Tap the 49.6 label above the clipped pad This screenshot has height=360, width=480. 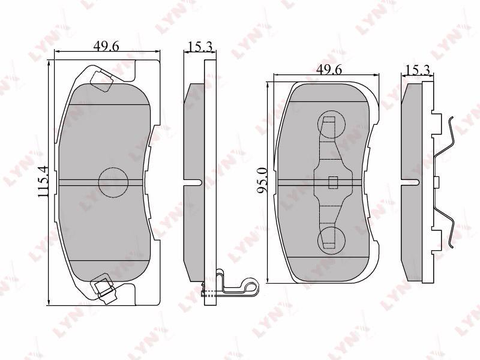(106, 46)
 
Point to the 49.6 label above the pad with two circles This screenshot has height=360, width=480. (329, 70)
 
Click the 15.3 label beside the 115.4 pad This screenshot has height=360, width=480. (200, 47)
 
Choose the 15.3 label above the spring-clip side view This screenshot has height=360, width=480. (418, 70)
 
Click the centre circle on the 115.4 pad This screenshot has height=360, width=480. (113, 183)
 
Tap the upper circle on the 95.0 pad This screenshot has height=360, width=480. (332, 124)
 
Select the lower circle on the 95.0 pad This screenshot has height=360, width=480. (332, 239)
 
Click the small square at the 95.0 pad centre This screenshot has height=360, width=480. (333, 182)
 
